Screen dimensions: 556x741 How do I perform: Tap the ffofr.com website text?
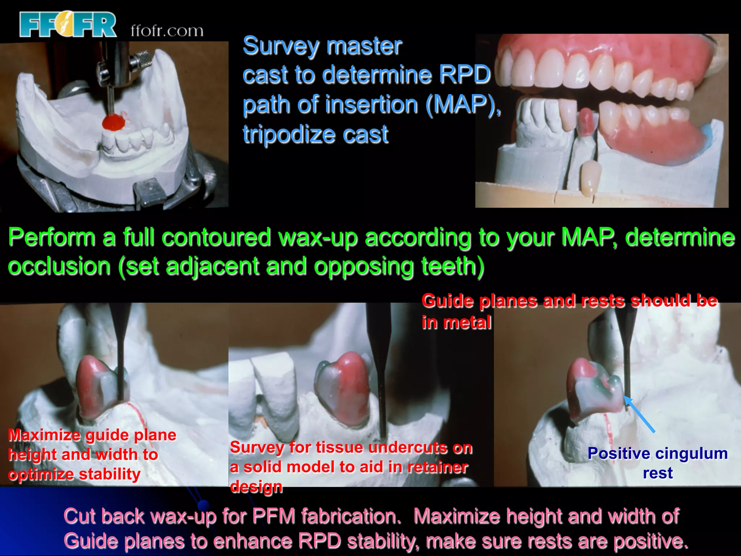tap(167, 31)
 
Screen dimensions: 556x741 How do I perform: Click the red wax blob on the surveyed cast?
tap(113, 122)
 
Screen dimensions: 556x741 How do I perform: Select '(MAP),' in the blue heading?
tap(463, 105)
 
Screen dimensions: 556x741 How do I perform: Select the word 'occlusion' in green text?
tap(59, 267)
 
